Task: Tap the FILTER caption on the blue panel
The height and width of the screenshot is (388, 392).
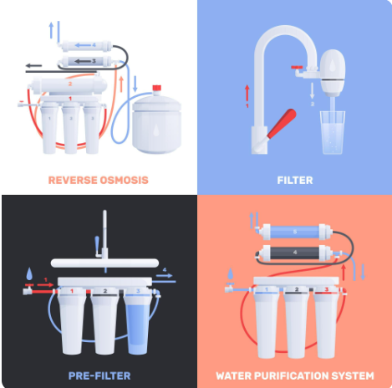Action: [295, 181]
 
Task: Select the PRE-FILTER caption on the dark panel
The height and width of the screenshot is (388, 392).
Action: [99, 375]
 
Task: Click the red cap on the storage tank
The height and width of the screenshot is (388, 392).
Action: [157, 88]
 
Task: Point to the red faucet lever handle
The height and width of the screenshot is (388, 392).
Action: [282, 123]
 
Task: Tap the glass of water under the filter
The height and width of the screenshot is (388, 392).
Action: [333, 133]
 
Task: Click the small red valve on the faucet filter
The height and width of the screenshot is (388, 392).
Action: [297, 67]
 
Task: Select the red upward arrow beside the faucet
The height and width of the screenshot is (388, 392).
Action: [247, 93]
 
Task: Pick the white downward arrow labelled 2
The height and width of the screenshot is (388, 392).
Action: [313, 90]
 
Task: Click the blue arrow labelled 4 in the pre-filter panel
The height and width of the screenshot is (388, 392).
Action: [165, 276]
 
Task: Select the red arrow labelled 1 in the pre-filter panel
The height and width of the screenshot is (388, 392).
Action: [45, 284]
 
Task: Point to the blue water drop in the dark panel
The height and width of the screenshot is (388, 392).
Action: [29, 274]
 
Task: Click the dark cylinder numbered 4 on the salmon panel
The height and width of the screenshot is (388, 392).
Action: [295, 253]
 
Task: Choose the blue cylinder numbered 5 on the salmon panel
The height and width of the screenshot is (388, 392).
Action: [295, 232]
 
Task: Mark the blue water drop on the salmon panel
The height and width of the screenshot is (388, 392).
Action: [230, 274]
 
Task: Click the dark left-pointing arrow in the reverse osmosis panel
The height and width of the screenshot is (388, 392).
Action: [33, 66]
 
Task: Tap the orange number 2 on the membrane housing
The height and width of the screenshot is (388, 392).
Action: [70, 84]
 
